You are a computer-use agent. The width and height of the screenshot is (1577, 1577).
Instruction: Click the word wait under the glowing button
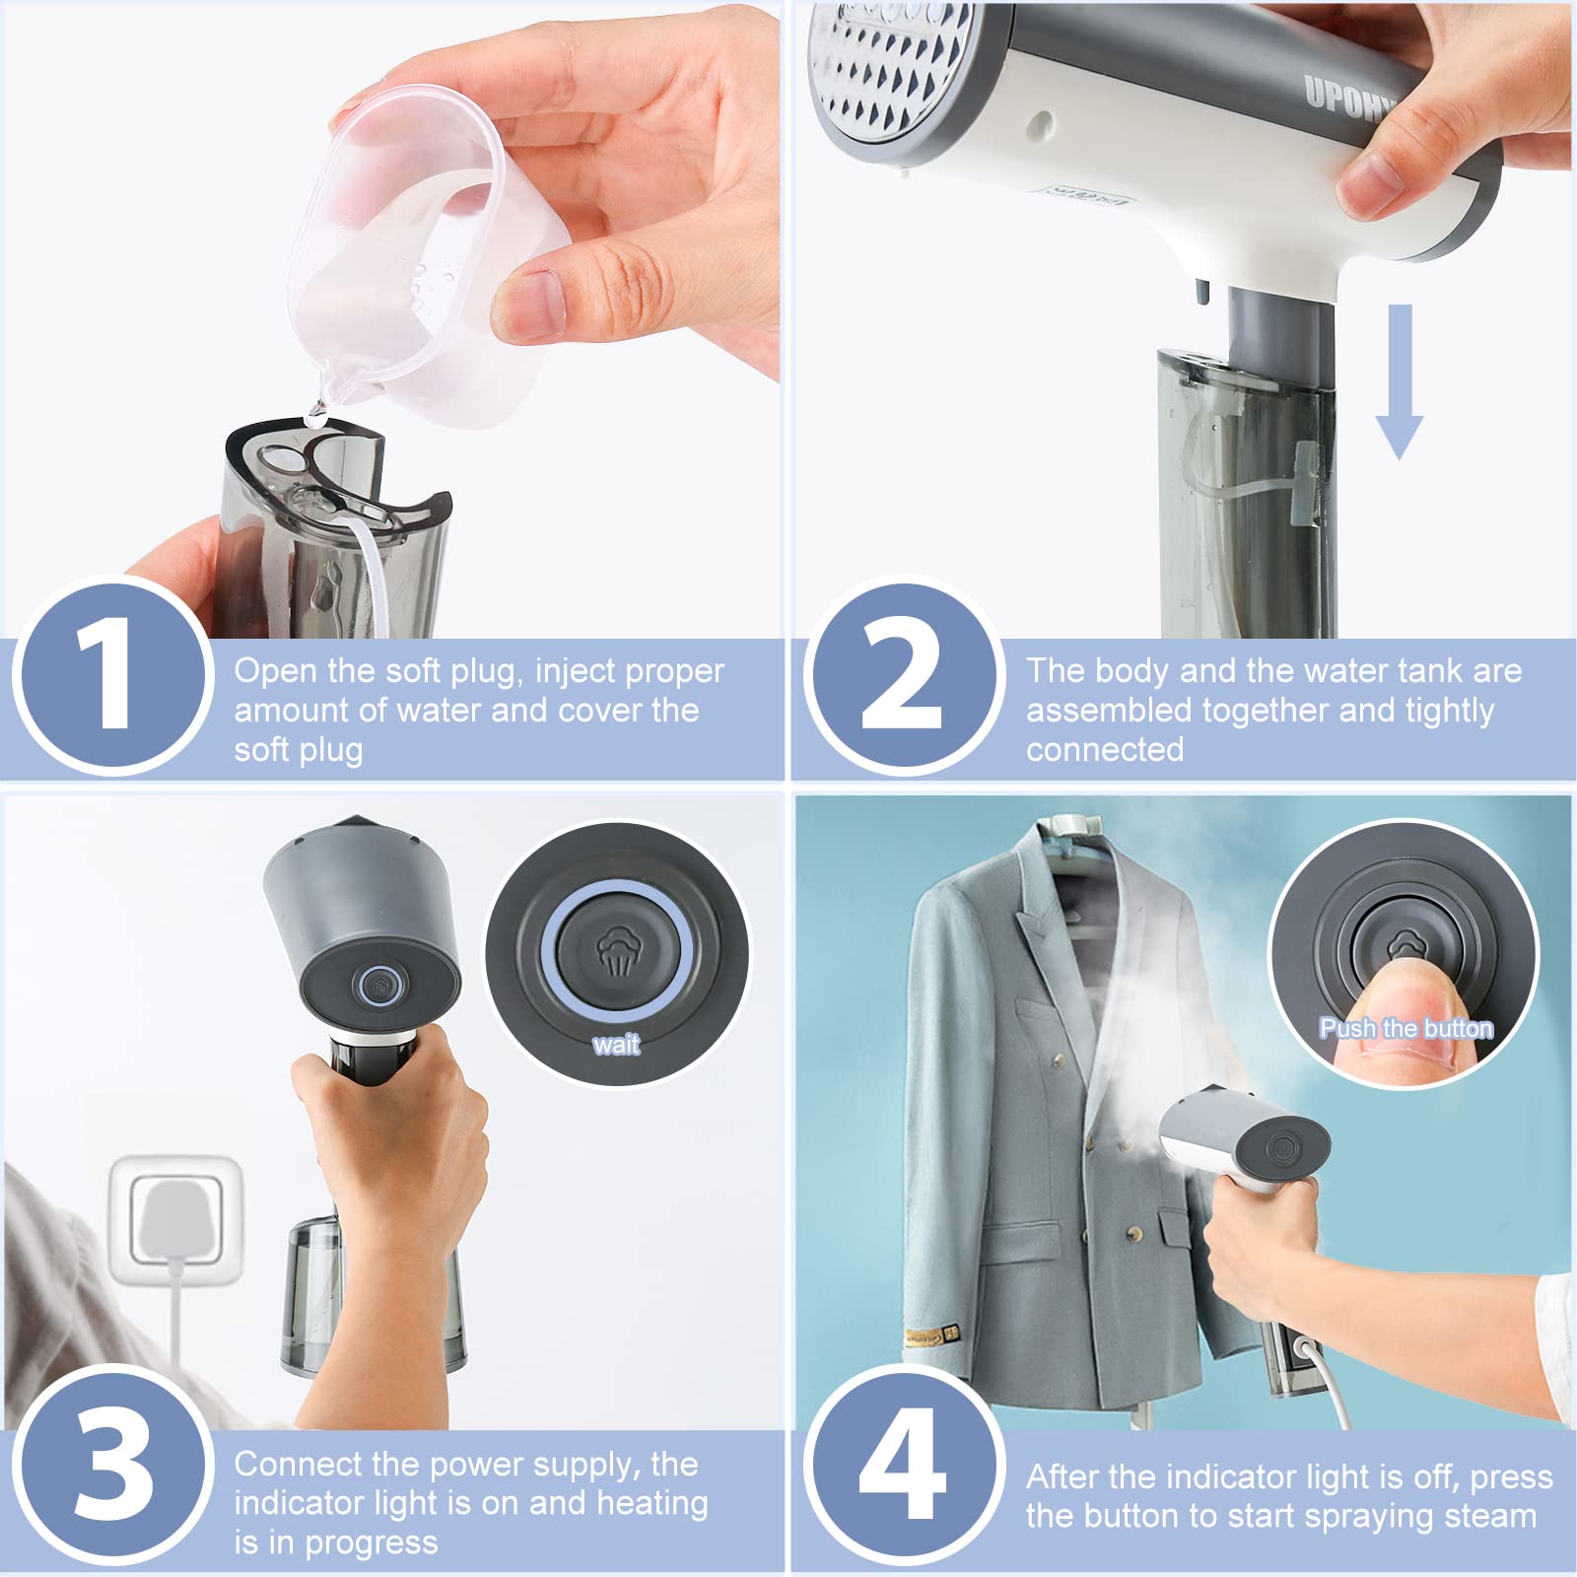pos(616,1045)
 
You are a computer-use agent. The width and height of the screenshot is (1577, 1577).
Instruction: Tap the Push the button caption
pos(1406,1028)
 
